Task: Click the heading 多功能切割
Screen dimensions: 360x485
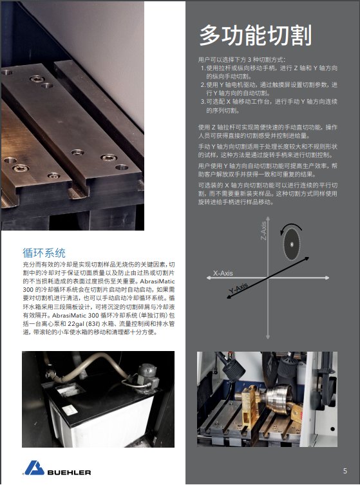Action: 255,35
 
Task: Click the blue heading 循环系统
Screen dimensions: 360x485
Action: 44,252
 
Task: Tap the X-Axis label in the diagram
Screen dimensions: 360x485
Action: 223,273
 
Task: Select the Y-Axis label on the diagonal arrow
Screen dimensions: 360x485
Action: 238,288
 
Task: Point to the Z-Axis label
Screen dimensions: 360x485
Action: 263,231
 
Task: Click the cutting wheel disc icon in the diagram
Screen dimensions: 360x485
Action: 292,244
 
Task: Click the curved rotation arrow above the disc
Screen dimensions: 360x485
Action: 290,227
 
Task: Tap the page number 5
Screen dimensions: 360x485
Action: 345,471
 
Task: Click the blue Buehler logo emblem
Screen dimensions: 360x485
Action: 34,468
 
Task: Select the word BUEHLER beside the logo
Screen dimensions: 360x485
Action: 69,472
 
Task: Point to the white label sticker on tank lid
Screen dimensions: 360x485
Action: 70,410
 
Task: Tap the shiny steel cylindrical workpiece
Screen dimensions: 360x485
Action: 278,399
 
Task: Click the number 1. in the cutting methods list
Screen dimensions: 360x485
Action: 203,68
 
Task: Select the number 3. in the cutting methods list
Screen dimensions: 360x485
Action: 203,102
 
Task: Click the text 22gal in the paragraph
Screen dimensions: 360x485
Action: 76,324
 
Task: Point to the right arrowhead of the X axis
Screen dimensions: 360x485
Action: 327,278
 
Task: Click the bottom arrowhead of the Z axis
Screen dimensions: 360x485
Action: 268,336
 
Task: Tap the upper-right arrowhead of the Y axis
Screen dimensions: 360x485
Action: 306,258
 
